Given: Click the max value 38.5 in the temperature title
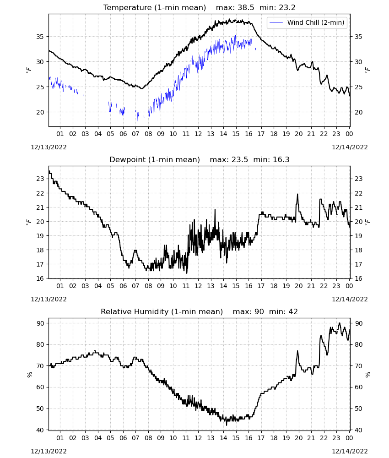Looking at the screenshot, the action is coord(246,8).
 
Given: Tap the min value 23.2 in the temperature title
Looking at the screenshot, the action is coord(287,8).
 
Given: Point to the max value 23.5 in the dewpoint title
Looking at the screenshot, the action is coord(240,160).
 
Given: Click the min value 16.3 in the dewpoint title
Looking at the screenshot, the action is coord(281,160).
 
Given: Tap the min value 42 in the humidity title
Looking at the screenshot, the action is coord(293,312).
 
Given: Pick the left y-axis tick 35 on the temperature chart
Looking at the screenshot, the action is coord(40,37).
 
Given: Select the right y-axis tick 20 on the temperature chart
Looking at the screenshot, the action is coord(358,112).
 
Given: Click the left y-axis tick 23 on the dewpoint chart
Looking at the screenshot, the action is coord(40,179).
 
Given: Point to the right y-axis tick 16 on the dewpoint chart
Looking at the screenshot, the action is coord(358,278).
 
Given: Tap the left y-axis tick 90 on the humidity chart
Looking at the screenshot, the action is coord(40,323).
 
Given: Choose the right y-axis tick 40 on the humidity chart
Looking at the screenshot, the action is coord(358,430).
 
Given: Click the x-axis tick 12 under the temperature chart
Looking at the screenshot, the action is coord(198,134).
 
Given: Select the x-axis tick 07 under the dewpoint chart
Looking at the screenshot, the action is coord(135,286).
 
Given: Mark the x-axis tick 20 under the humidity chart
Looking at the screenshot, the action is coord(298,438).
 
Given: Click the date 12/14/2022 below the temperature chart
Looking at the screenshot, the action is coord(350,147).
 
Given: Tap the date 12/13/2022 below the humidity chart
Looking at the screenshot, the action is coord(49,452).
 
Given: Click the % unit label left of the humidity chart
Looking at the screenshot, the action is coord(29,375).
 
